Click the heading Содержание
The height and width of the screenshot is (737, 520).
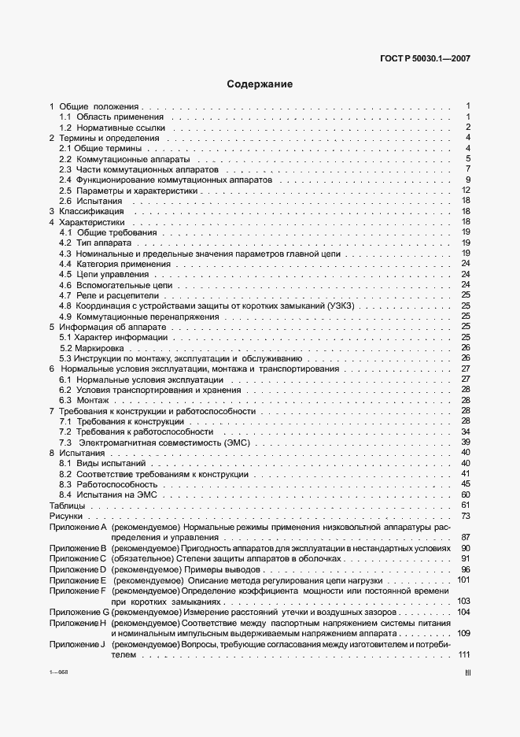pyautogui.click(x=260, y=84)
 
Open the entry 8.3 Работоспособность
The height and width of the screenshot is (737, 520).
pyautogui.click(x=110, y=484)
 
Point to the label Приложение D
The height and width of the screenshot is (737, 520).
pyautogui.click(x=77, y=569)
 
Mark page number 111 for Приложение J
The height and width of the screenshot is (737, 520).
pyautogui.click(x=463, y=655)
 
